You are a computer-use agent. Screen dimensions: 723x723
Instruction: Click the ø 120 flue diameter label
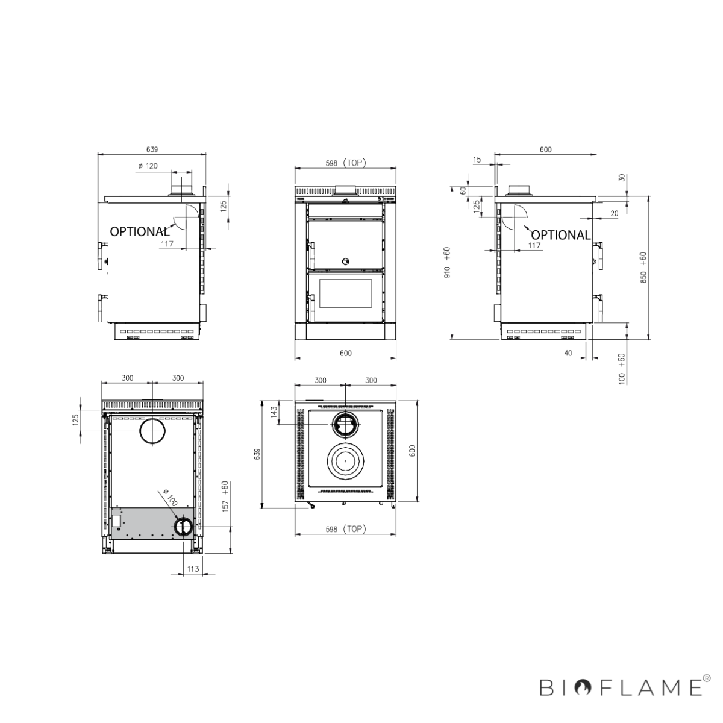[x=148, y=166]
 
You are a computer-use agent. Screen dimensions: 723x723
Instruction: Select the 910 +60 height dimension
[x=447, y=263]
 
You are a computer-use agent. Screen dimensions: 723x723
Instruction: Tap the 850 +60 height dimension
[x=643, y=268]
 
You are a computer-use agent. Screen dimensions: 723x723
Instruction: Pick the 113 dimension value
[x=193, y=568]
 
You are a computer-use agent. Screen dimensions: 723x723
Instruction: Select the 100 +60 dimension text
[x=622, y=368]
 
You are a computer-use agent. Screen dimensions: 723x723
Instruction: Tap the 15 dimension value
[x=477, y=160]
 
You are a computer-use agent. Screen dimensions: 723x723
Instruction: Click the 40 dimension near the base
[x=568, y=353]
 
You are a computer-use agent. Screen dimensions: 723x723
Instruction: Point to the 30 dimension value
[x=622, y=179]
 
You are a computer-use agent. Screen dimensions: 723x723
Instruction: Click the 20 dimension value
[x=614, y=213]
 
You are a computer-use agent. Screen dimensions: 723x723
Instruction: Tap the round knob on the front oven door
[x=345, y=261]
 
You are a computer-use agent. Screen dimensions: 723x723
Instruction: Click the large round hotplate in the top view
[x=345, y=461]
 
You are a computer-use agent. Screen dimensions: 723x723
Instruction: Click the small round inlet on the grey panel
[x=183, y=527]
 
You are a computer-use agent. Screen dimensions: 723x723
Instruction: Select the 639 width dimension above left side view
[x=152, y=149]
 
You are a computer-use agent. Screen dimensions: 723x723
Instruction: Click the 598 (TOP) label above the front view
[x=345, y=163]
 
